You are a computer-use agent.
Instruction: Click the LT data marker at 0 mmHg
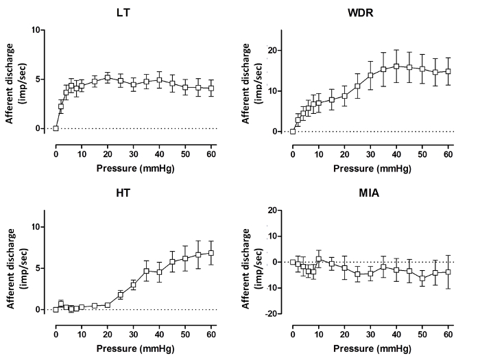pyautogui.click(x=56, y=128)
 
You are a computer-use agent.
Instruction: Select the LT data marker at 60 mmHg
pyautogui.click(x=211, y=88)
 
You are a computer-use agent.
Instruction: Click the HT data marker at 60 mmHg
pyautogui.click(x=211, y=252)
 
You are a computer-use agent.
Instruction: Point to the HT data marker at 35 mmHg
pyautogui.click(x=146, y=271)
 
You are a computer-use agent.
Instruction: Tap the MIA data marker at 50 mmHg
pyautogui.click(x=422, y=278)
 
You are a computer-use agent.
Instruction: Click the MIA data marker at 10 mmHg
pyautogui.click(x=319, y=259)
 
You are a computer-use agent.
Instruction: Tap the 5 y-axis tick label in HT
pyautogui.click(x=45, y=268)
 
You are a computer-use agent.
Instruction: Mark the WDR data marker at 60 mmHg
pyautogui.click(x=448, y=71)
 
